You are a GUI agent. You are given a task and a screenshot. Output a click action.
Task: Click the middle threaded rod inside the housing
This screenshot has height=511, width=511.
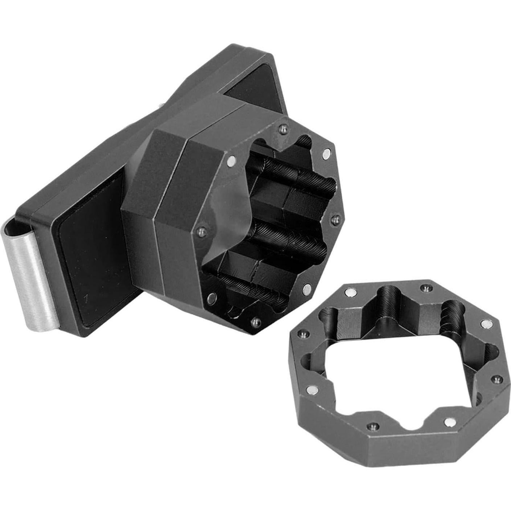(290, 240)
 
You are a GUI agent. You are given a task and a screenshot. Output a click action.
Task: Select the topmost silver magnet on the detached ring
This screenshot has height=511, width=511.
(350, 291)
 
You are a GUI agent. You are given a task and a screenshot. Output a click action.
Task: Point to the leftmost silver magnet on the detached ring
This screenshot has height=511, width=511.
(311, 390)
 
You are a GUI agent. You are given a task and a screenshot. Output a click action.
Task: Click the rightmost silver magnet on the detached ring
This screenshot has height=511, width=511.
(486, 323)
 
